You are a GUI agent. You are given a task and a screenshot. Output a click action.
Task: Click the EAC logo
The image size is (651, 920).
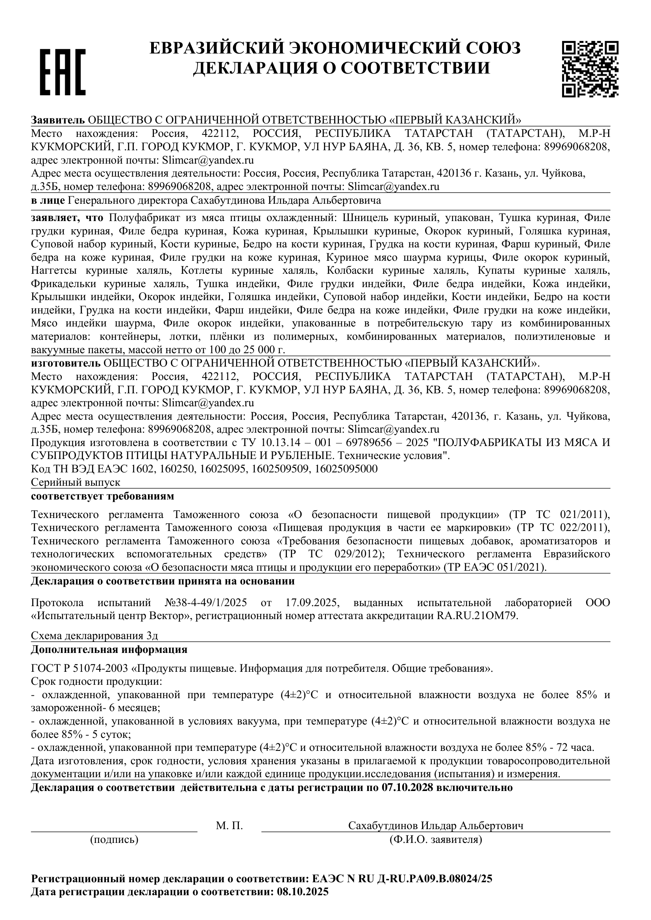point(63,72)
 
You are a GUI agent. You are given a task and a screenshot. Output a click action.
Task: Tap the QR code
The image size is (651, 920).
point(590,69)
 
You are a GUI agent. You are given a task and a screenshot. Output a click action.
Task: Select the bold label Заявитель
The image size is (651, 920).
point(58,120)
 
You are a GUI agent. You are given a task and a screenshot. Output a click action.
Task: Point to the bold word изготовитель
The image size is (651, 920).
point(66,363)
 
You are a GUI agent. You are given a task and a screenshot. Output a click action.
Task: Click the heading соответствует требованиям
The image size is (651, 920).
point(103,496)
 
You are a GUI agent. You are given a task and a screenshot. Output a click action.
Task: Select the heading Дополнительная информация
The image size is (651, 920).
point(109,649)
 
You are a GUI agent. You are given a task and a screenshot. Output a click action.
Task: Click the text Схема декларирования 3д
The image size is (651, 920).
point(97,636)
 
